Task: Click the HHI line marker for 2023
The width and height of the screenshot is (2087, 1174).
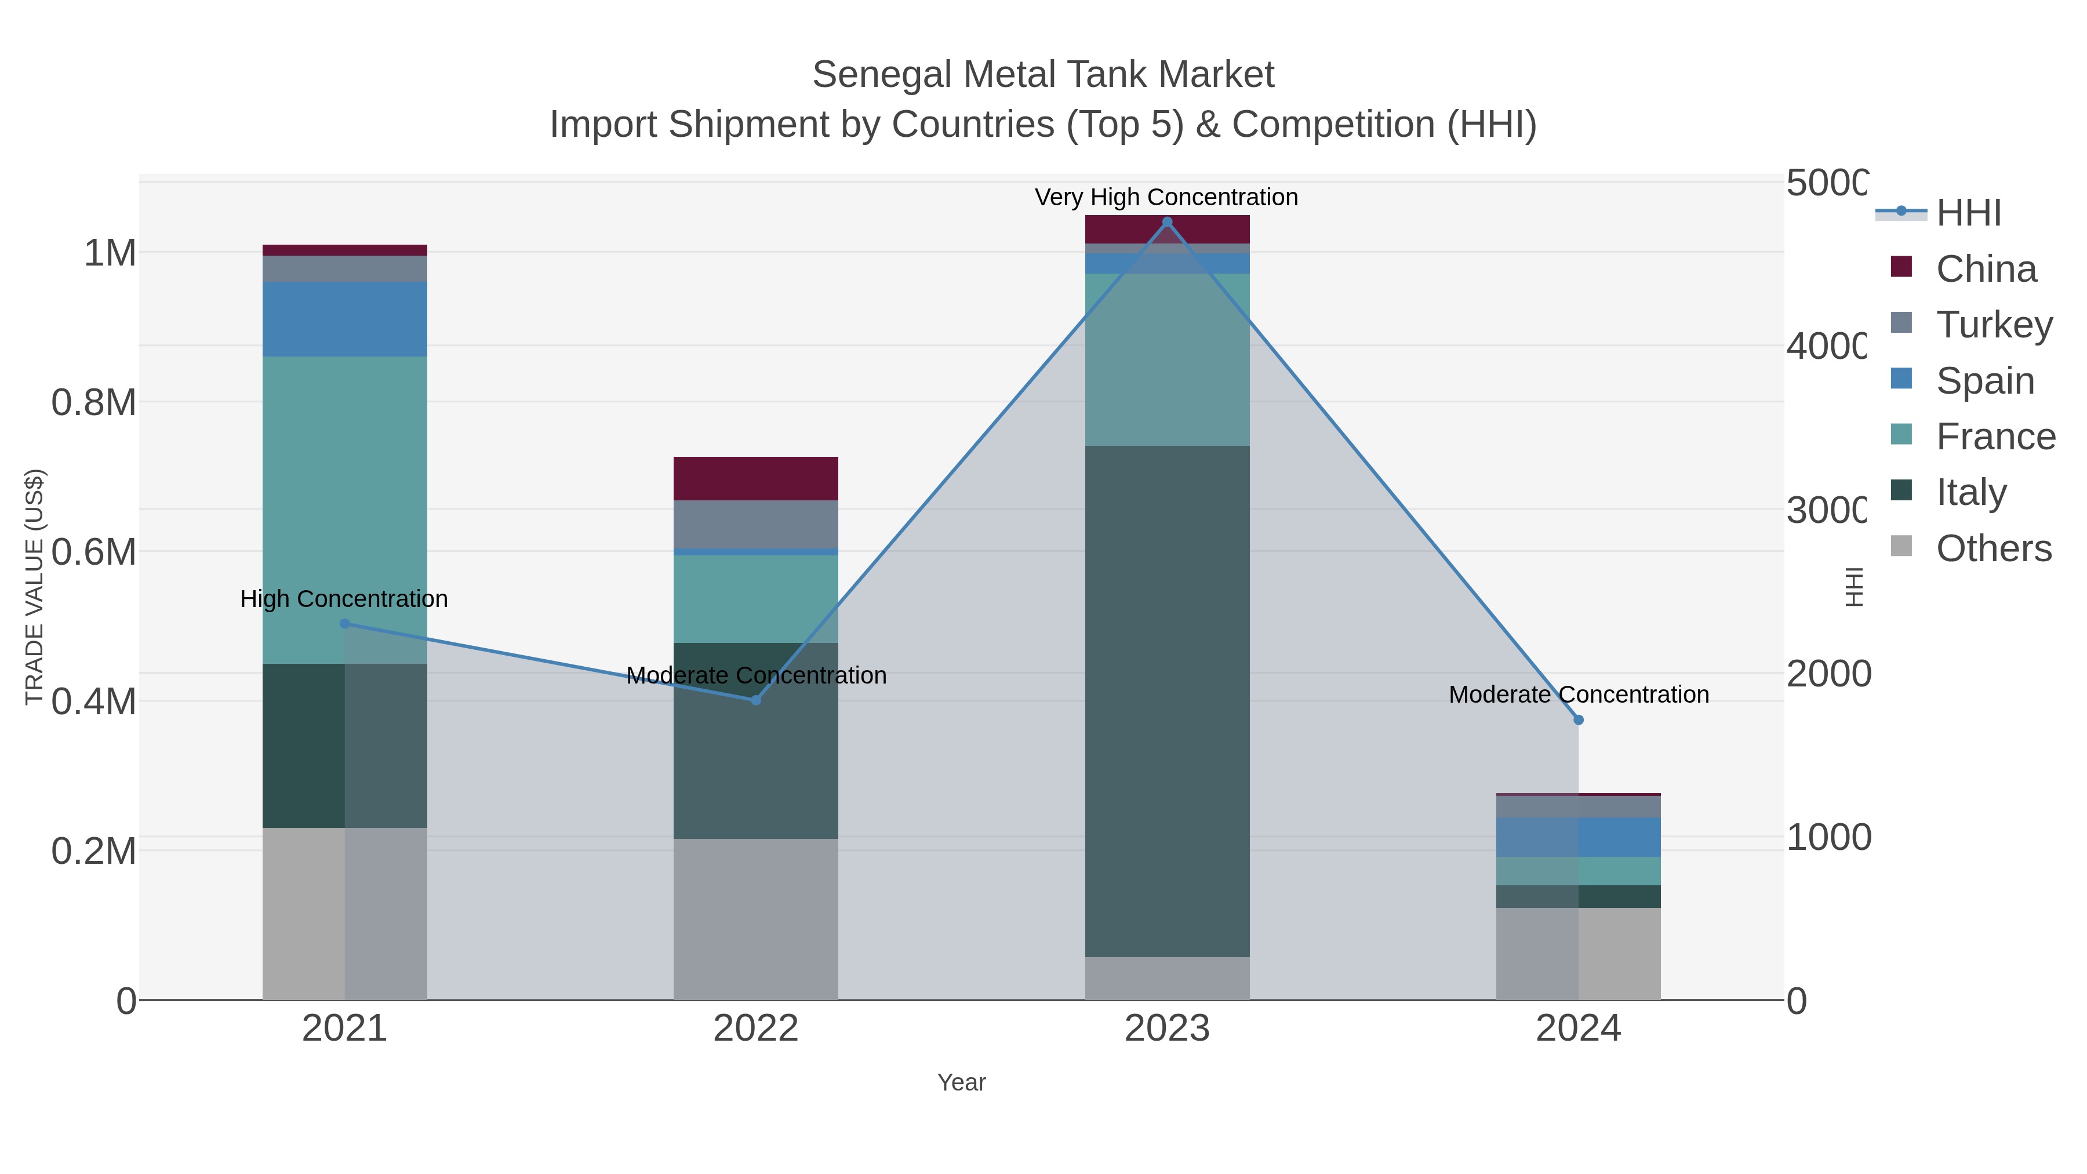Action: [x=1166, y=222]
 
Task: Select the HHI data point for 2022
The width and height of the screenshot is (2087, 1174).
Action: [x=756, y=700]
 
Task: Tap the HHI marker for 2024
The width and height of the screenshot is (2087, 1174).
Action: [x=1578, y=719]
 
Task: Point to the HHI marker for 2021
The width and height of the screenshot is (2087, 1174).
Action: [x=344, y=624]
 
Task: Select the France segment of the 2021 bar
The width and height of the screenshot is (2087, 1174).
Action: [x=344, y=510]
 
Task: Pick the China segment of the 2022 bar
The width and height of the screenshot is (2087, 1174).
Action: [x=756, y=478]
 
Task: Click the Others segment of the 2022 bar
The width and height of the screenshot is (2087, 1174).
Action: [x=756, y=919]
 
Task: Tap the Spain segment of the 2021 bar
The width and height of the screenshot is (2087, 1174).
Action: [x=344, y=319]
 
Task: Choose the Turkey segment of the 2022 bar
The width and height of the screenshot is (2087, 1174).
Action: [x=756, y=524]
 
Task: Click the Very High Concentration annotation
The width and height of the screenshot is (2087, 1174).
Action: [x=1166, y=198]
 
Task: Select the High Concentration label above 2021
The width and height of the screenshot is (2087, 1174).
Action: [x=344, y=599]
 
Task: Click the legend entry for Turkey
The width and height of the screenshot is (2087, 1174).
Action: [x=1994, y=325]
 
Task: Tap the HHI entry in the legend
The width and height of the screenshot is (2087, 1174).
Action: [x=1968, y=213]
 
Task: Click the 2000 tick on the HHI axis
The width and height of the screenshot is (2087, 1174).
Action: [x=1828, y=674]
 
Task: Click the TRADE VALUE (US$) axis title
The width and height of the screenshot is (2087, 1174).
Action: [x=34, y=587]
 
